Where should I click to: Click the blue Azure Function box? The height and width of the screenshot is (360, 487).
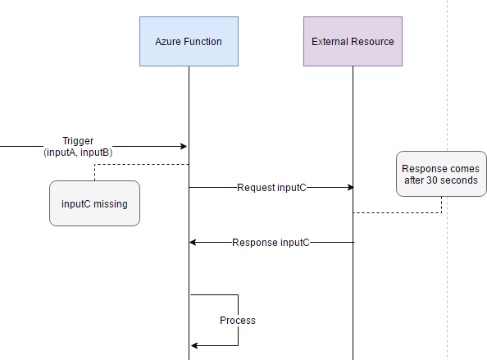pos(189,41)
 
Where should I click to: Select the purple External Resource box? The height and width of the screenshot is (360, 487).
pos(353,41)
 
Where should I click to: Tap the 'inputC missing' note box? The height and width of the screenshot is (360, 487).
pos(94,203)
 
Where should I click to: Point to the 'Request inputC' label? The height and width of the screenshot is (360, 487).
pos(271,188)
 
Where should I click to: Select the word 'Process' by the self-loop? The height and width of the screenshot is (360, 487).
pos(238,321)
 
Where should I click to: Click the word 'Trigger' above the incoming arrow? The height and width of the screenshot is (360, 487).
pos(78,141)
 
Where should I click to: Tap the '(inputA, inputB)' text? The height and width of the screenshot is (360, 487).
pos(78,153)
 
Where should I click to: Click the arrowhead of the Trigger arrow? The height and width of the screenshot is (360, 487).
pos(184,147)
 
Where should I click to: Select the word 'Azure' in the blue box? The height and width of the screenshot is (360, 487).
pos(169,41)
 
